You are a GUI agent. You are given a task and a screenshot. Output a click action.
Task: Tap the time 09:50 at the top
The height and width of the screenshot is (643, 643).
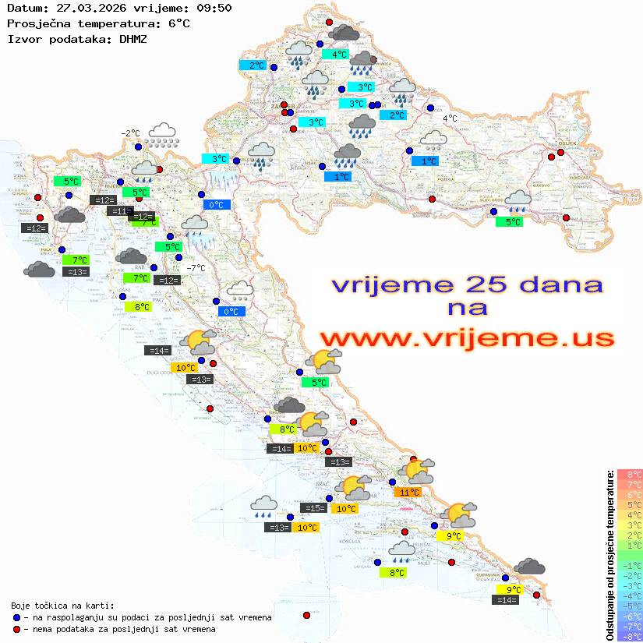(x=213, y=9)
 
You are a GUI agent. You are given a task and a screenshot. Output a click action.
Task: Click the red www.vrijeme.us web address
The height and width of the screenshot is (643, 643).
(x=466, y=338)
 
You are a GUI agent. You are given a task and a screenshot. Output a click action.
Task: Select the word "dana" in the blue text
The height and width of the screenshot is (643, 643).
(x=535, y=284)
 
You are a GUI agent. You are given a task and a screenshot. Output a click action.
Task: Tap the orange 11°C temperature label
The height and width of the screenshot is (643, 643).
(x=408, y=492)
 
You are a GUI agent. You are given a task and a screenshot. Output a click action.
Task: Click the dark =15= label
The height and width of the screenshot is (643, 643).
(x=313, y=508)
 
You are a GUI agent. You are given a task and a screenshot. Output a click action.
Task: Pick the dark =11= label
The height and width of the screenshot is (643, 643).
(x=119, y=211)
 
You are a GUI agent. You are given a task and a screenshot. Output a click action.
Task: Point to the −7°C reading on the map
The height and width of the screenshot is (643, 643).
(x=196, y=268)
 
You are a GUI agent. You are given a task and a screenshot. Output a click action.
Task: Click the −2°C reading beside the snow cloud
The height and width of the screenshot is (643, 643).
(x=130, y=133)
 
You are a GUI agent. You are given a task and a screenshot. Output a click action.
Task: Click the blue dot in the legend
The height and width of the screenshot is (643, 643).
(x=16, y=617)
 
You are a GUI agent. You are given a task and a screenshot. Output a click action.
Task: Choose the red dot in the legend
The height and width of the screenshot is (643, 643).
(x=16, y=629)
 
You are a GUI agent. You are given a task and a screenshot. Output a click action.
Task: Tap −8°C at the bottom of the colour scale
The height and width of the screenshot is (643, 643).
(x=629, y=636)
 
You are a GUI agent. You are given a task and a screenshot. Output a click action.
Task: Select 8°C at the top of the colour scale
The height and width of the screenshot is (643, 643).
(x=629, y=475)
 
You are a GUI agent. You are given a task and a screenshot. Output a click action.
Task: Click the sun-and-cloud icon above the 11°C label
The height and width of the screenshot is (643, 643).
(x=419, y=470)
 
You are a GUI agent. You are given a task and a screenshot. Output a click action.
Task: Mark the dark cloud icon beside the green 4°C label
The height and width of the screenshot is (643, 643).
(x=344, y=33)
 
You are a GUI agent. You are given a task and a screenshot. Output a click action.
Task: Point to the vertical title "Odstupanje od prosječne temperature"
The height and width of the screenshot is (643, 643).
(x=609, y=554)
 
